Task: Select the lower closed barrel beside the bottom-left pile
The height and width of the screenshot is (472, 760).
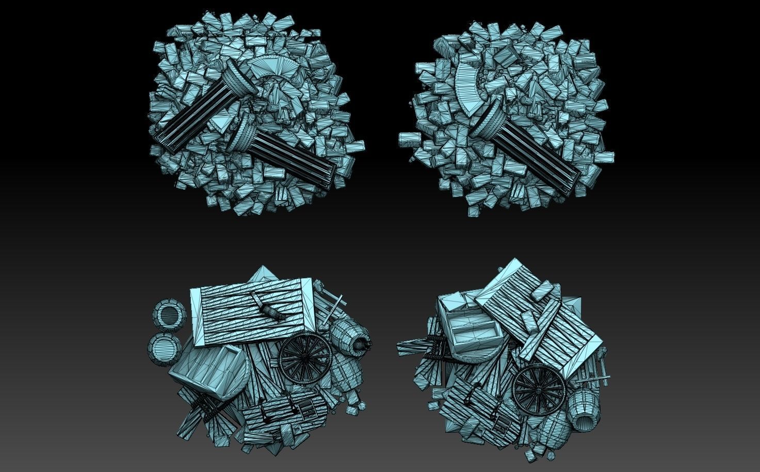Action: pos(165,349)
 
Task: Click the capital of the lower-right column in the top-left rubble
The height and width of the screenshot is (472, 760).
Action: pos(242,132)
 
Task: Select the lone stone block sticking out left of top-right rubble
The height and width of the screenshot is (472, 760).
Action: pos(410,138)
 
